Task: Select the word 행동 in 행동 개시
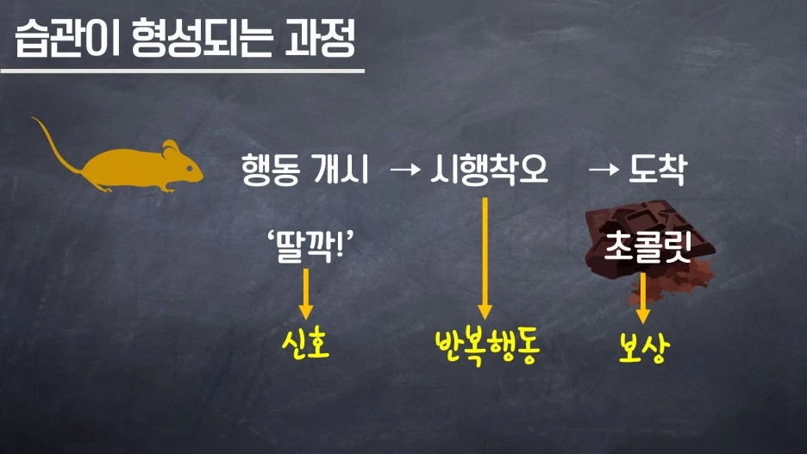click(x=270, y=171)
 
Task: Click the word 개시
click(x=341, y=171)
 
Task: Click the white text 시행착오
click(x=490, y=171)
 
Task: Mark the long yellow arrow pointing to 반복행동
click(x=485, y=258)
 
